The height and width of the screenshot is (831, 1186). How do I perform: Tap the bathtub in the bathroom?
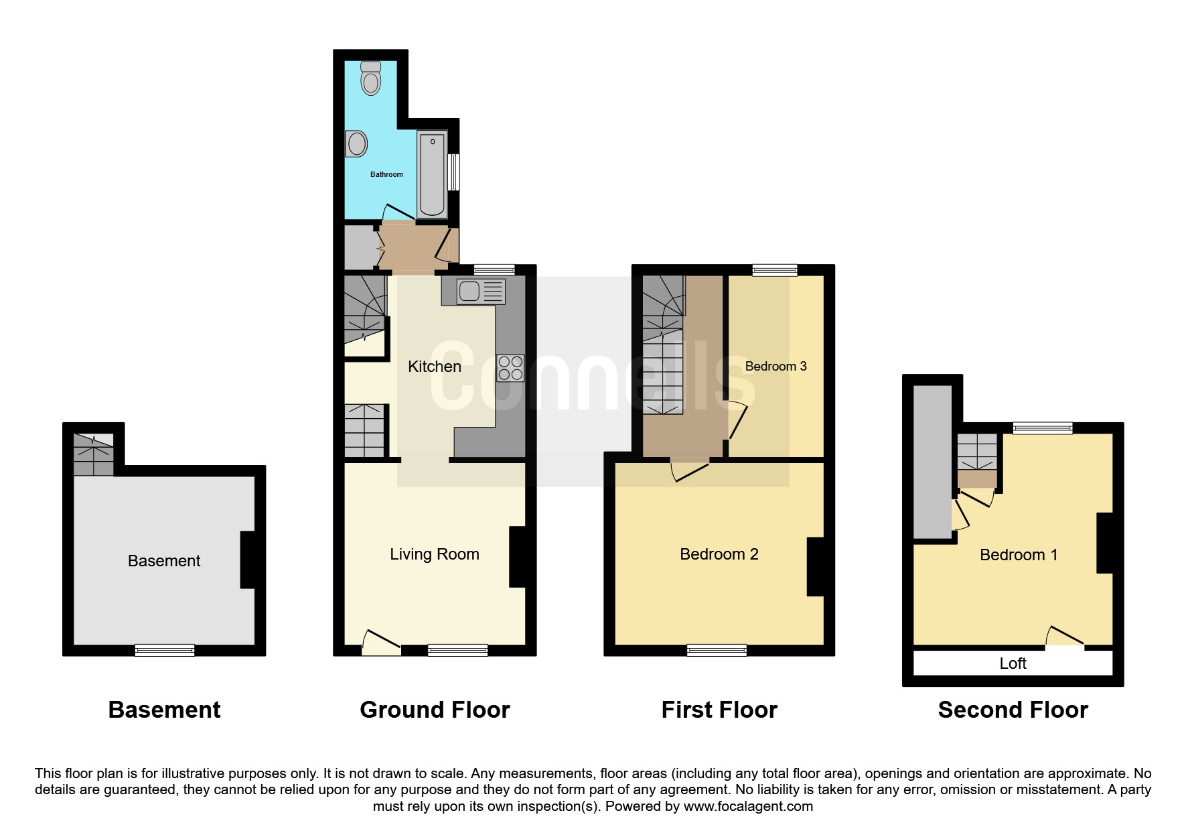tap(432, 174)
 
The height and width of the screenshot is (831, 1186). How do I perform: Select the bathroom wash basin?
tap(356, 143)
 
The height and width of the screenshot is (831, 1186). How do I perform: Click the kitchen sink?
tap(481, 292)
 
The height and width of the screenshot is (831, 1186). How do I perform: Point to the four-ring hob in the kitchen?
tap(510, 368)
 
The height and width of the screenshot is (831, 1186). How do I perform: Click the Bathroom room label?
tap(387, 174)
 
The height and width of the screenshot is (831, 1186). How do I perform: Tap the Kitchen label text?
tap(435, 367)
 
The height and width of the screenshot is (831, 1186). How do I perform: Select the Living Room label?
tap(435, 554)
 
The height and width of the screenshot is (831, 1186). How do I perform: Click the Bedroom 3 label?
tap(775, 366)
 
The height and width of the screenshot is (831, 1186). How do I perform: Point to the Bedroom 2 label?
tap(719, 554)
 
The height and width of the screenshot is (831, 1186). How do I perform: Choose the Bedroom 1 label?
tap(1019, 555)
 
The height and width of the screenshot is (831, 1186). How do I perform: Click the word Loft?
tap(1013, 663)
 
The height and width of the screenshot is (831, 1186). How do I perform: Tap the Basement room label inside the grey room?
tap(164, 561)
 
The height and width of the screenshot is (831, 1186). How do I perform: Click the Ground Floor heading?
tap(435, 710)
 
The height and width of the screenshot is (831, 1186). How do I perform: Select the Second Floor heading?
tap(1013, 710)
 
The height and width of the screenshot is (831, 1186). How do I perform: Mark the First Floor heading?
tap(719, 710)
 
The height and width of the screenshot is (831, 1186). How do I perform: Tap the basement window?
tap(165, 650)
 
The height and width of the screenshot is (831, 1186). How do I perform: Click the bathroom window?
tap(454, 172)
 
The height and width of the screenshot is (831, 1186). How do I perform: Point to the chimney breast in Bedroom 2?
tap(816, 566)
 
